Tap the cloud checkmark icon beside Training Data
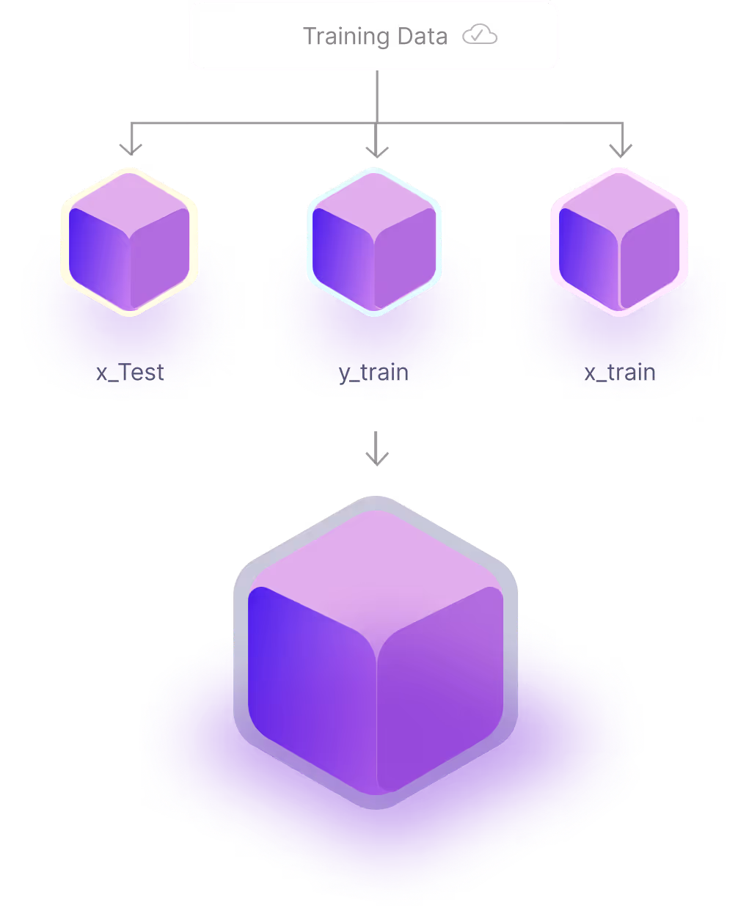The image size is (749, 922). click(480, 35)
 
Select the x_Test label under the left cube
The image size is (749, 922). click(131, 373)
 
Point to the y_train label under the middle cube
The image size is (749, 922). click(374, 373)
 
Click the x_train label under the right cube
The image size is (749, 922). click(620, 373)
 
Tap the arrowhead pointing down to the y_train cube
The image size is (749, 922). click(376, 150)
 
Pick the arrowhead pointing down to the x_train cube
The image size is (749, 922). click(621, 150)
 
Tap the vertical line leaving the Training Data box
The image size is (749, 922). click(376, 95)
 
